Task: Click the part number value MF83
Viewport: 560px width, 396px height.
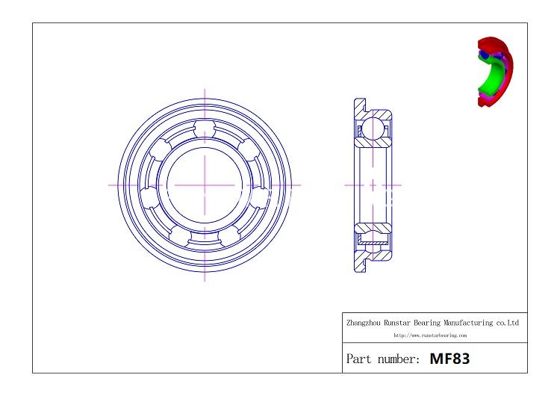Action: tap(449, 359)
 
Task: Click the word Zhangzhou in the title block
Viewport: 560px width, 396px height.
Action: tap(364, 323)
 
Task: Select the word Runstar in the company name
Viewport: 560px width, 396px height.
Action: tap(397, 323)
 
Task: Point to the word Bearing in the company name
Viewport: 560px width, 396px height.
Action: tap(427, 323)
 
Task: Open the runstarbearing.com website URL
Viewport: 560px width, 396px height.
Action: tap(430, 335)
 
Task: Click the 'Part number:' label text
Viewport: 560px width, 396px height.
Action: tap(383, 359)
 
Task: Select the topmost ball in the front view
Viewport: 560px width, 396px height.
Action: tap(205, 129)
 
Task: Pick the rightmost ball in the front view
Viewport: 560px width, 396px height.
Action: tap(260, 197)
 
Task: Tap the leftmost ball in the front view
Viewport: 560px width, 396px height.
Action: tap(149, 197)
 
